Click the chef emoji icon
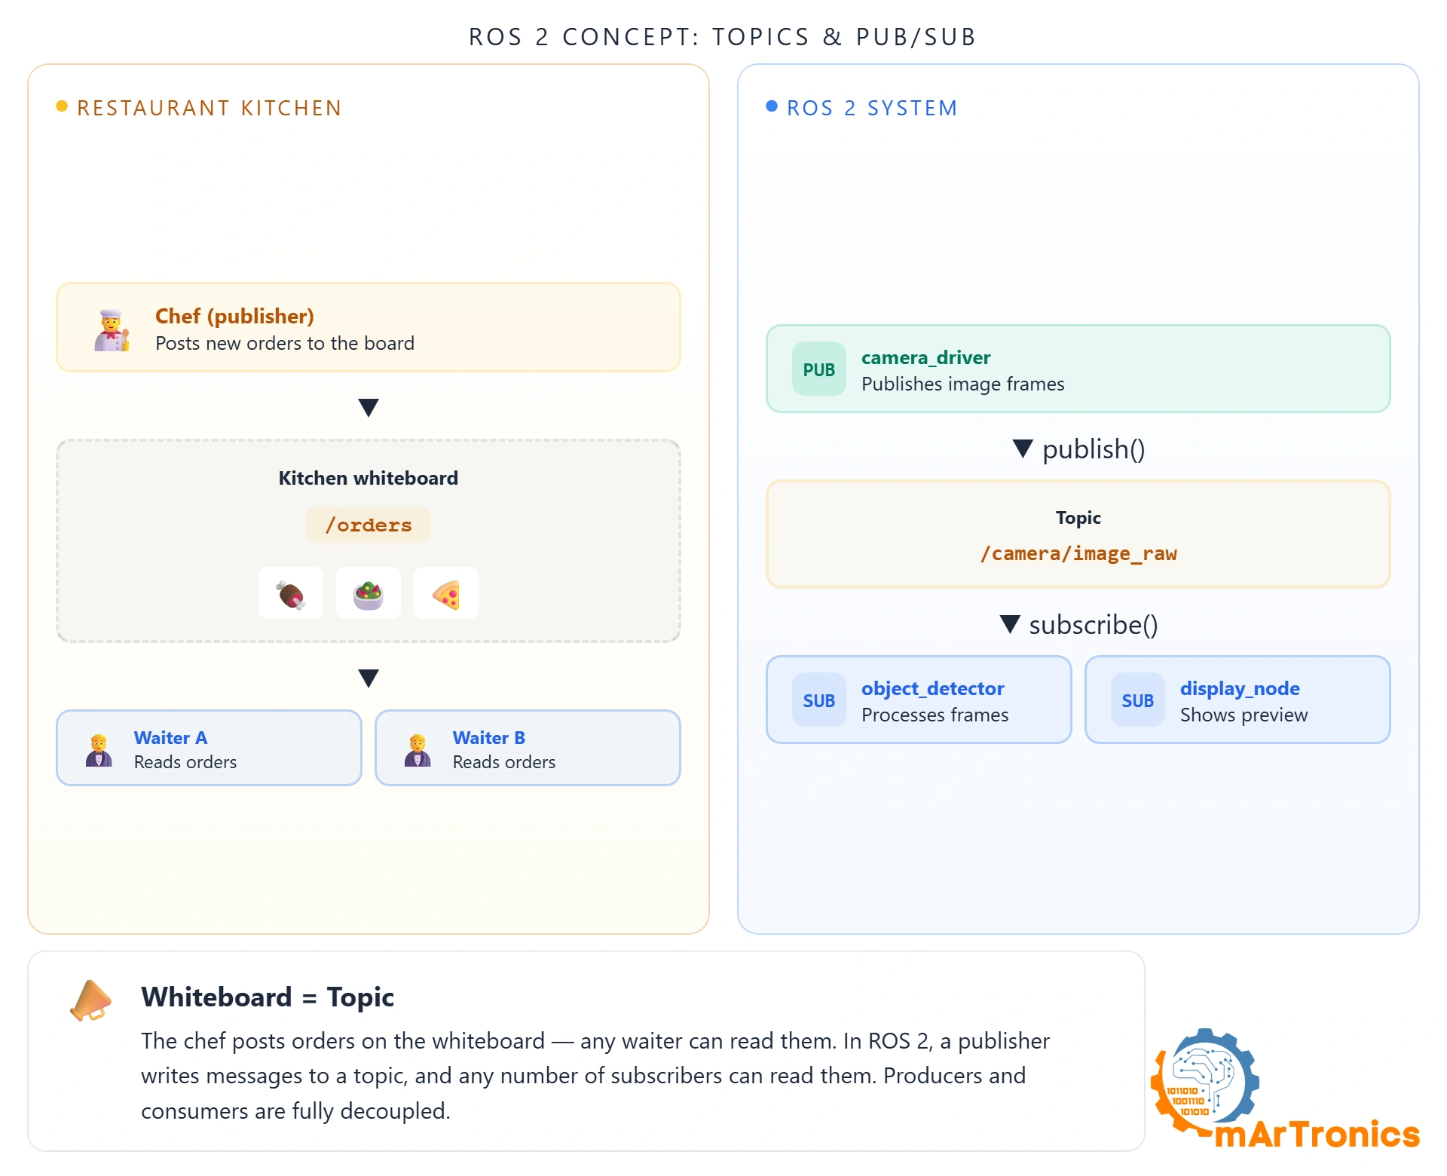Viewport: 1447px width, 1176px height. point(112,330)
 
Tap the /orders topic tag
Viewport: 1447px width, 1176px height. point(369,525)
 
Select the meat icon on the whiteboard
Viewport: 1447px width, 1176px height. point(291,594)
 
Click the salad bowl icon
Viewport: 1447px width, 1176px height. point(369,594)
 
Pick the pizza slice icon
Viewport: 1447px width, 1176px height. point(446,594)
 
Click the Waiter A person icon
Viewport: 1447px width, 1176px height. point(99,750)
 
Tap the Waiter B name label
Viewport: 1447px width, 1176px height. point(489,738)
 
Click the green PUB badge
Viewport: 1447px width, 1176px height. point(819,369)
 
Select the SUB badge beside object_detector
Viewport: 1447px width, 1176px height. point(819,700)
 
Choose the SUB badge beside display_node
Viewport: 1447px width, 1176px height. point(1138,700)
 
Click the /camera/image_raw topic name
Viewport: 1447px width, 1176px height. point(1078,554)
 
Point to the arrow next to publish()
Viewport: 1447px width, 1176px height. point(1023,449)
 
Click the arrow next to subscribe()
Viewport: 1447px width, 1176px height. point(1010,624)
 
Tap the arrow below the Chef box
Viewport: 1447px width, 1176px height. point(369,408)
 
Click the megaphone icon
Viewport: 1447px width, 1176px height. point(90,1000)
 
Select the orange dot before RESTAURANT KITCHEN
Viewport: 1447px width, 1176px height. point(62,106)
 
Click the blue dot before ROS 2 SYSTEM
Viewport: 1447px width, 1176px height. point(772,106)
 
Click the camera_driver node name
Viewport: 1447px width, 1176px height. point(926,357)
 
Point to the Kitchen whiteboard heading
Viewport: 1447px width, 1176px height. point(369,478)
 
